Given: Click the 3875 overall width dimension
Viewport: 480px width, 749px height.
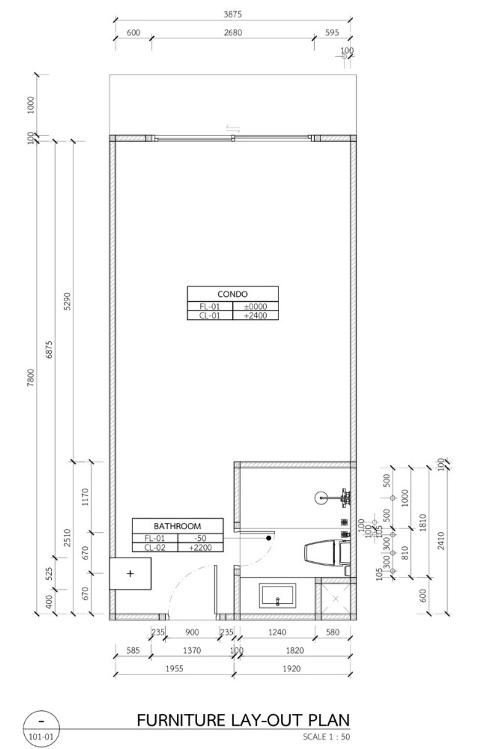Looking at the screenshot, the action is pyautogui.click(x=232, y=14).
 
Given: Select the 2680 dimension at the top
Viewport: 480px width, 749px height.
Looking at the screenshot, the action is pyautogui.click(x=233, y=33).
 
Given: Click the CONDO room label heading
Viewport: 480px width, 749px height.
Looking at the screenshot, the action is pyautogui.click(x=232, y=294).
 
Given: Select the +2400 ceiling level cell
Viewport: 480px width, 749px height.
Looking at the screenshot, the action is pyautogui.click(x=256, y=315).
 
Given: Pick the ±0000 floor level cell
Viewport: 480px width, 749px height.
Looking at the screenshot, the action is pyautogui.click(x=256, y=306).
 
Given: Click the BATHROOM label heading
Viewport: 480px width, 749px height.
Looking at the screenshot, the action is pyautogui.click(x=178, y=526).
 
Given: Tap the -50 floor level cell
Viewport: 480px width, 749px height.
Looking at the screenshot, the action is pyautogui.click(x=200, y=539).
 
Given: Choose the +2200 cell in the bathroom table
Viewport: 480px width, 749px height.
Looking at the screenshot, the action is pyautogui.click(x=200, y=548).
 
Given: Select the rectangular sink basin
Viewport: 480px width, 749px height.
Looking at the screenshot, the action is pyautogui.click(x=278, y=596).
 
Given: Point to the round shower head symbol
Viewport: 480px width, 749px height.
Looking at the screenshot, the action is pyautogui.click(x=321, y=498).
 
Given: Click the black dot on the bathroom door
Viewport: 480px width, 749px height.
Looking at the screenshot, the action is pyautogui.click(x=269, y=538).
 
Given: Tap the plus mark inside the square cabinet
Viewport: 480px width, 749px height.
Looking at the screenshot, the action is pyautogui.click(x=130, y=573).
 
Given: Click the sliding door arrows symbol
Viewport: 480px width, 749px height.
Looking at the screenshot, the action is pyautogui.click(x=233, y=129).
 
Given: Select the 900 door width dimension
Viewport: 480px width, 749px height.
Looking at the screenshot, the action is pyautogui.click(x=192, y=632).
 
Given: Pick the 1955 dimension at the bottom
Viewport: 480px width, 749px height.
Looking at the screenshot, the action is pyautogui.click(x=174, y=669).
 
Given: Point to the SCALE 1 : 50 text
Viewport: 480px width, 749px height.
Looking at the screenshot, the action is pyautogui.click(x=326, y=736).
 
